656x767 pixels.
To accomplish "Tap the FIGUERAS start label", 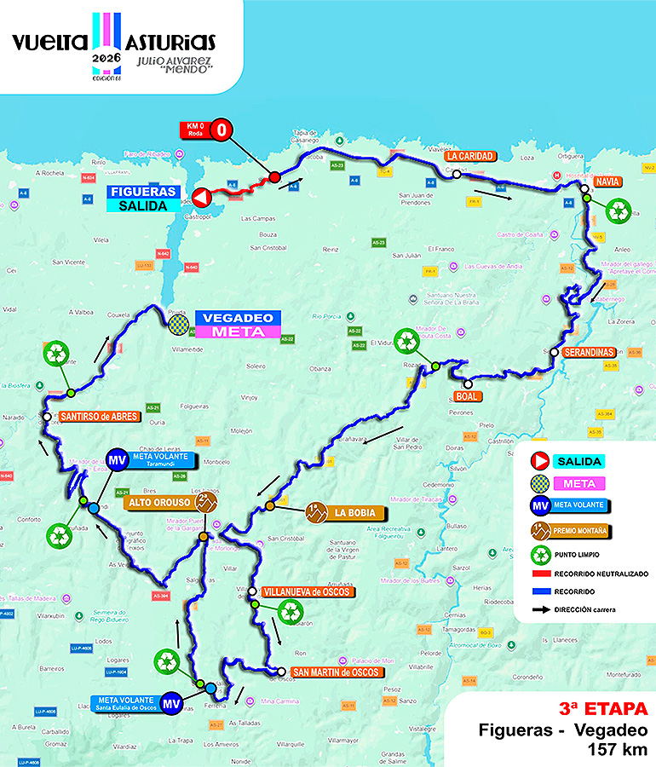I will tap(143, 192).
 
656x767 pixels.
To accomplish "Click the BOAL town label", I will tap(468, 396).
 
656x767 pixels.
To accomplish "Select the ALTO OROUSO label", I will tap(159, 503).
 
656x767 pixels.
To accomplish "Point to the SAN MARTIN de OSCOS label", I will tap(333, 672).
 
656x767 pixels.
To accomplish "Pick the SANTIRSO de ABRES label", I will tap(99, 417).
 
